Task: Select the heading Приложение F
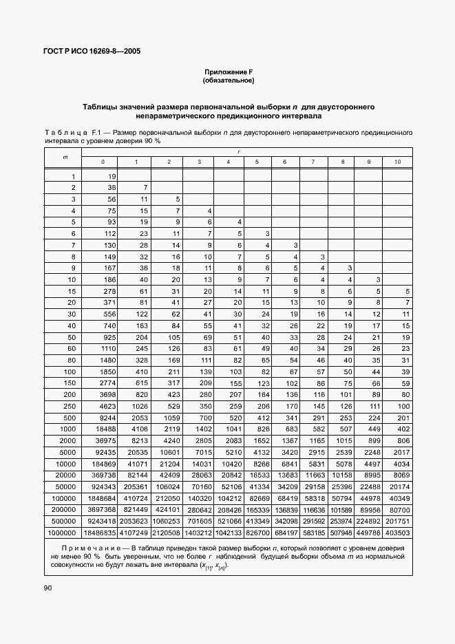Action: [x=228, y=72]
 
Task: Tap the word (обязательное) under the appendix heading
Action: [x=228, y=81]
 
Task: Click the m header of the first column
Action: [x=65, y=157]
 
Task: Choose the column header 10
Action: [x=397, y=161]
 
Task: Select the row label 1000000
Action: [x=63, y=532]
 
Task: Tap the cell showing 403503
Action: [x=398, y=532]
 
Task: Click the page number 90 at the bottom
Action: [x=47, y=588]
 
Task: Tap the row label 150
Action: [x=70, y=384]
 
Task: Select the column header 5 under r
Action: [x=257, y=161]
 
